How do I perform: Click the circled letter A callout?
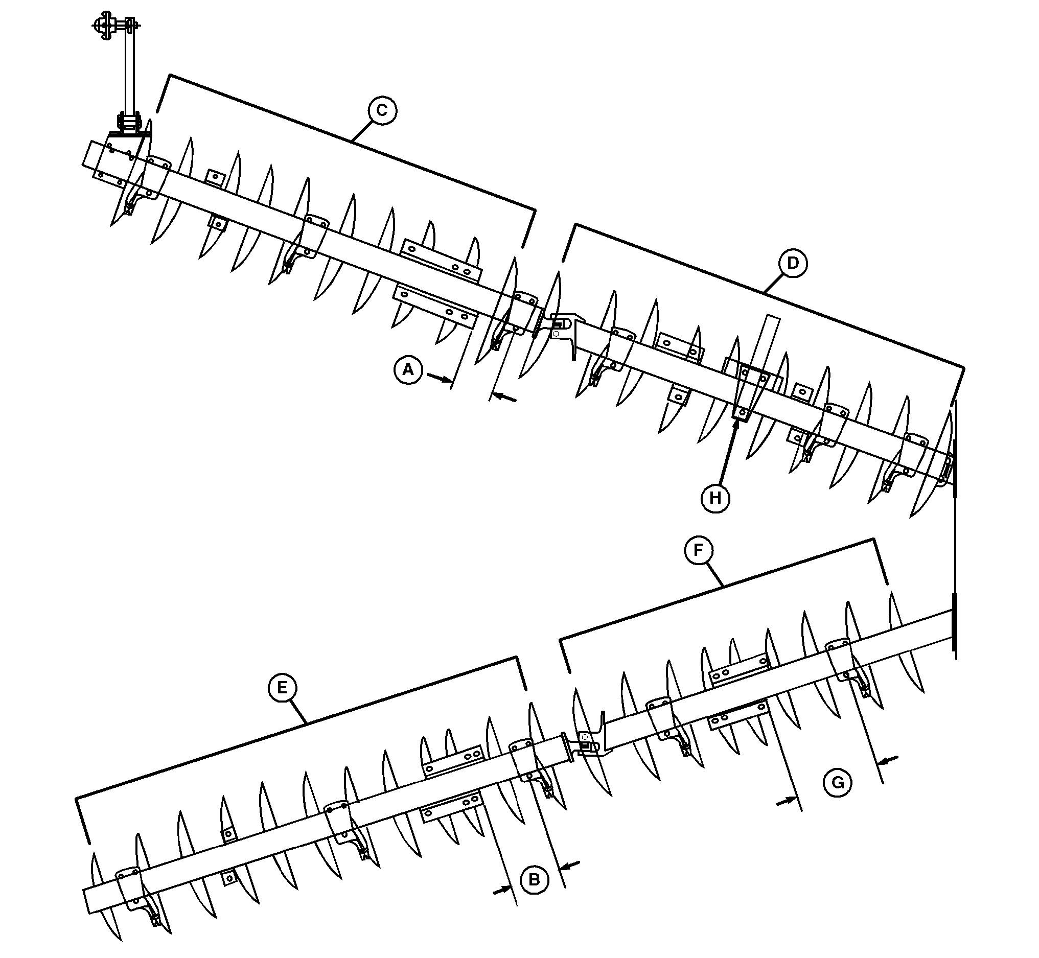click(x=408, y=369)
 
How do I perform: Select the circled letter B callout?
click(x=534, y=879)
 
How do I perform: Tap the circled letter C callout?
click(x=382, y=110)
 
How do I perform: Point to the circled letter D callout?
click(x=793, y=263)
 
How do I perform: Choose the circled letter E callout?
click(x=283, y=688)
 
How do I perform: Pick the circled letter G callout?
click(x=837, y=782)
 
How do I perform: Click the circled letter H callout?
click(x=715, y=498)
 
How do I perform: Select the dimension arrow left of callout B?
click(x=501, y=890)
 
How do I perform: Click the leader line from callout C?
click(x=361, y=131)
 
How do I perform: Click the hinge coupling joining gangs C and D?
click(x=561, y=325)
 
